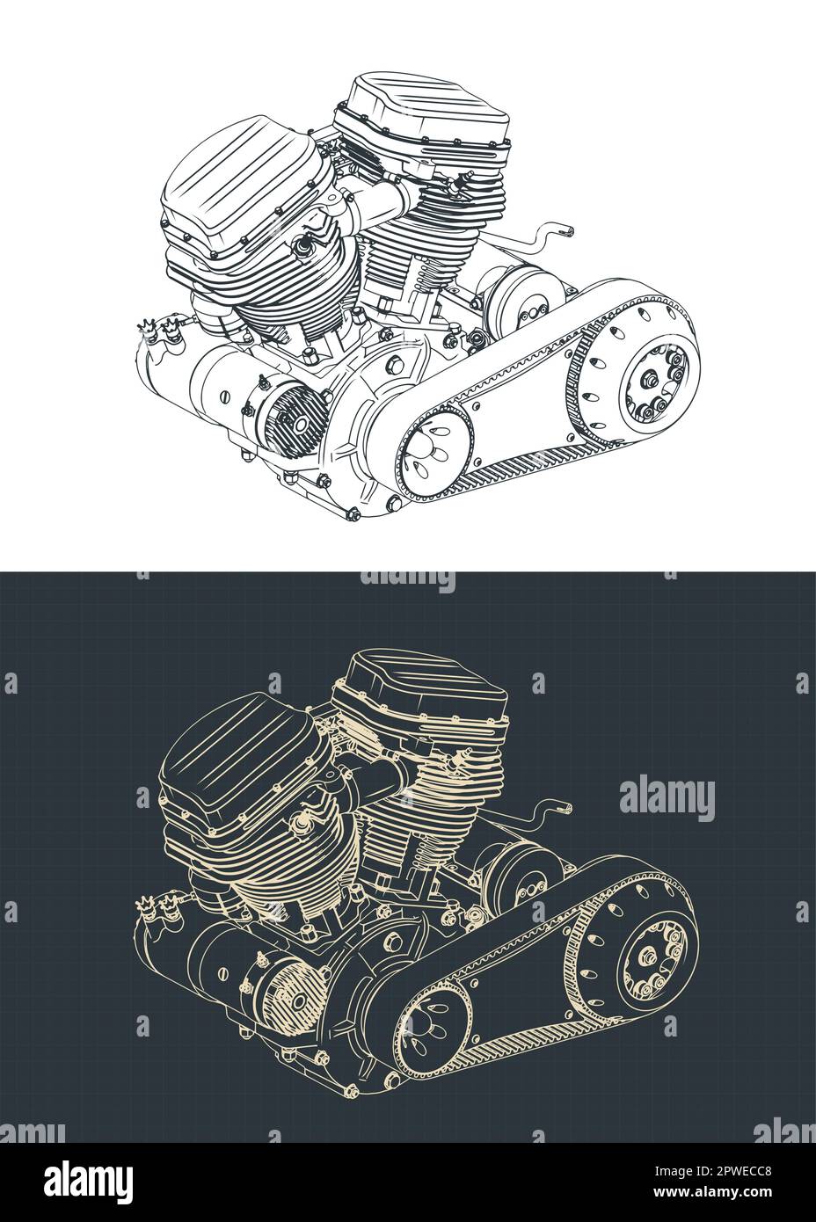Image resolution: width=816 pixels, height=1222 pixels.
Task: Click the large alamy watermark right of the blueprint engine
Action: coord(667,798)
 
